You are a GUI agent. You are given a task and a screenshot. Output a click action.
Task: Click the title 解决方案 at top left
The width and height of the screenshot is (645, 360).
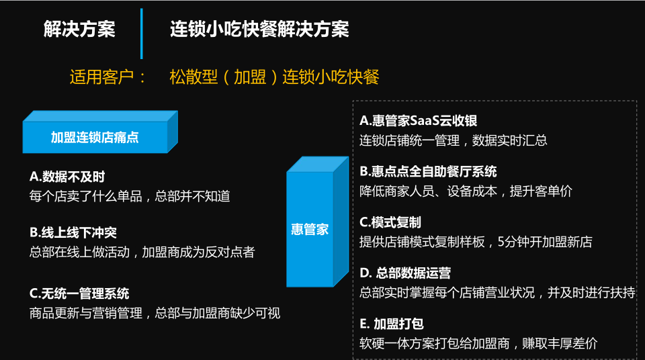79,30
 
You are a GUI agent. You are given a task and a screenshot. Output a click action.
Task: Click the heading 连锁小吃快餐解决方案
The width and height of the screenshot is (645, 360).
259,30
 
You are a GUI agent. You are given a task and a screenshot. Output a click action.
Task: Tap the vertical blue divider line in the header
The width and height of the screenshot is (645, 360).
142,34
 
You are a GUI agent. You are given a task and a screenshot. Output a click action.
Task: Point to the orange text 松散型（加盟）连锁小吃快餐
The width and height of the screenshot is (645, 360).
274,77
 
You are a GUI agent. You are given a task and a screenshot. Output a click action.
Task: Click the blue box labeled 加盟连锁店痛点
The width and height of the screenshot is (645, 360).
100,132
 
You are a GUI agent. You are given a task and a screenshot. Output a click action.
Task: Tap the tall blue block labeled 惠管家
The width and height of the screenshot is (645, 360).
317,222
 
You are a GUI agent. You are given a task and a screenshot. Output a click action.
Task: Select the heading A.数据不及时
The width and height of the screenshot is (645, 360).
67,177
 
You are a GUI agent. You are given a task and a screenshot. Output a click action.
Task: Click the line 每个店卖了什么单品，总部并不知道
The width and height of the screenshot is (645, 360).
130,196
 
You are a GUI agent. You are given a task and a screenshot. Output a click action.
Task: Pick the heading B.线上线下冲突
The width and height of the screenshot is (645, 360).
73,233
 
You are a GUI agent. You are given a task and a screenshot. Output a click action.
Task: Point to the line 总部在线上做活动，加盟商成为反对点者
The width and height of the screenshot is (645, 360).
142,253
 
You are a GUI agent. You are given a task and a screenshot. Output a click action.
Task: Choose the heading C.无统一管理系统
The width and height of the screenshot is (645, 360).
79,294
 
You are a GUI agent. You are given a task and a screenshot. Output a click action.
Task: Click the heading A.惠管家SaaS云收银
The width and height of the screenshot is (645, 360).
418,121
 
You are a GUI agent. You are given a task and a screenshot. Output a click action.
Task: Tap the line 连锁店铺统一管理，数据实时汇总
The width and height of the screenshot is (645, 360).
454,140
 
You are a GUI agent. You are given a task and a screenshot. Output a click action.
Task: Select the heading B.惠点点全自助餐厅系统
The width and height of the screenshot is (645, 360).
428,171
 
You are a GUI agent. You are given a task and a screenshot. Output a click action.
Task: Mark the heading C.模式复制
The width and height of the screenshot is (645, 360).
390,222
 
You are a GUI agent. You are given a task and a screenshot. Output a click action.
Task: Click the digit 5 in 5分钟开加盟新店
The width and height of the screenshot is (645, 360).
501,242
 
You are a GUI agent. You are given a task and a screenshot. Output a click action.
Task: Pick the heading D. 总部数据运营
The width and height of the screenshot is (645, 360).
405,273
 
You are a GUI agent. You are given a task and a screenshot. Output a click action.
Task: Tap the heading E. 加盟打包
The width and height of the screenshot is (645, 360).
392,324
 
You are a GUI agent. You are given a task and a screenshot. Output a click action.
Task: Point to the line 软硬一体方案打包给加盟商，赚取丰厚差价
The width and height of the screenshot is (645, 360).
478,343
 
